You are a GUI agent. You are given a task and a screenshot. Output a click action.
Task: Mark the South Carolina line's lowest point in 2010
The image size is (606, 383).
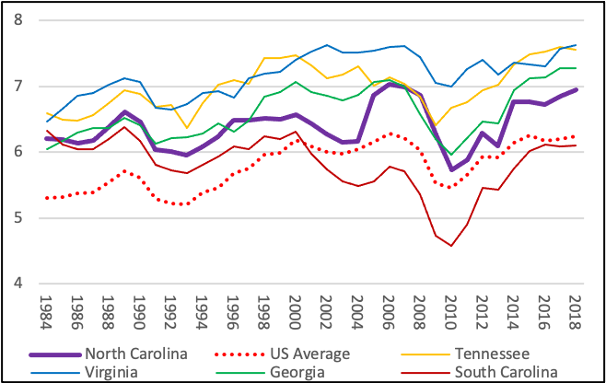click(x=451, y=246)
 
